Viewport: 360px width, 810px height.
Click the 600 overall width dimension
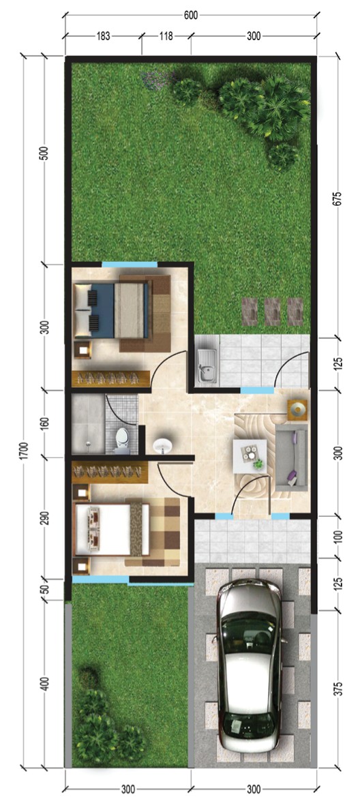pos(191,16)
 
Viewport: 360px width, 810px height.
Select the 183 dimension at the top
pos(104,36)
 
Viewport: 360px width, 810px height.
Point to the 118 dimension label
pos(166,36)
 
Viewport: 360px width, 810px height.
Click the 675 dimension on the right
pos(337,199)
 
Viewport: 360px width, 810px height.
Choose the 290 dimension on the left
pos(46,518)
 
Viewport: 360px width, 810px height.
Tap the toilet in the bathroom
pos(122,440)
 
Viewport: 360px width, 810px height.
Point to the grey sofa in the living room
pos(292,457)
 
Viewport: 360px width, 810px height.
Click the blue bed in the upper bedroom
pos(112,310)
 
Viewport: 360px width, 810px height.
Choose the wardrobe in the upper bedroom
pos(110,378)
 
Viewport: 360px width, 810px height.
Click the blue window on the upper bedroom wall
pos(129,265)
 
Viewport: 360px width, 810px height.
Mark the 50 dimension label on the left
pos(46,588)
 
